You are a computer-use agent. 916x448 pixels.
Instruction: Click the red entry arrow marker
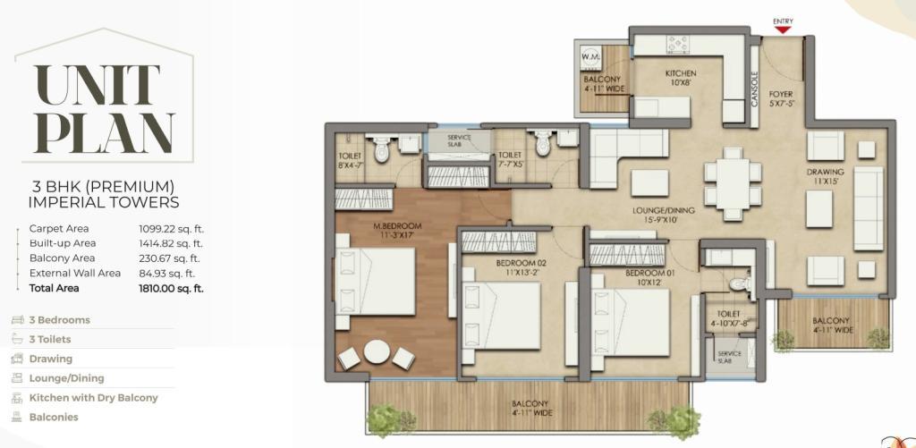[783, 30]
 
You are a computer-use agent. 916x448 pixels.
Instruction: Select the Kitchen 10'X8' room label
[681, 79]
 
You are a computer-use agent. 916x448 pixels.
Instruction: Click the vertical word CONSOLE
[754, 89]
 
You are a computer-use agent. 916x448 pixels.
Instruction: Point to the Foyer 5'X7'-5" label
[782, 98]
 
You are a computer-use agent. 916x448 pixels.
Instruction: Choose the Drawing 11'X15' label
[826, 176]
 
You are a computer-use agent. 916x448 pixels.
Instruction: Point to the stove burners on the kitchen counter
[678, 45]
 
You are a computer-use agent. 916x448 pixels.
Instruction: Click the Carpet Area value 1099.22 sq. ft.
[166, 229]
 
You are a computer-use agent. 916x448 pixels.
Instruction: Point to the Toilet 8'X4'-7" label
[350, 160]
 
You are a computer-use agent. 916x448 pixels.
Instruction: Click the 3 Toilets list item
[42, 340]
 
